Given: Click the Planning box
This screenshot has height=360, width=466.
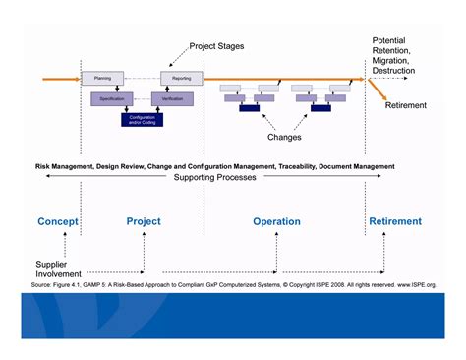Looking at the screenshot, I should pyautogui.click(x=103, y=76).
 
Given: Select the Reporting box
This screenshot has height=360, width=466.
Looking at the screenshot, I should pyautogui.click(x=181, y=76).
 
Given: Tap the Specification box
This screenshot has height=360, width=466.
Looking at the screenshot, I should pyautogui.click(x=110, y=98).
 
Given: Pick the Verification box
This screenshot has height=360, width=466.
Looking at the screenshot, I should pyautogui.click(x=170, y=98).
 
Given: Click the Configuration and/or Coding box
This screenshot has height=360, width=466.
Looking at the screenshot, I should pyautogui.click(x=143, y=119).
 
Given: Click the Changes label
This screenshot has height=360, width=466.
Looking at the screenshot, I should pyautogui.click(x=284, y=138).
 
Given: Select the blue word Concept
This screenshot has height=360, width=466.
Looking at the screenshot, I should pyautogui.click(x=58, y=221).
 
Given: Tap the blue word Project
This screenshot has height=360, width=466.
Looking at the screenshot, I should pyautogui.click(x=144, y=221).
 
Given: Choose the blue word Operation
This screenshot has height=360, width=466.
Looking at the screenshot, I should pyautogui.click(x=276, y=221).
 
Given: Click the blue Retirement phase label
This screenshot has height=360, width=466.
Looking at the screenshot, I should pyautogui.click(x=395, y=221).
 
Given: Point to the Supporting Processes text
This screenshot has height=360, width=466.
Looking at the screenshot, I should pyautogui.click(x=214, y=178).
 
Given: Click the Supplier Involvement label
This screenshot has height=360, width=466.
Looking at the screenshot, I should pyautogui.click(x=59, y=270).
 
